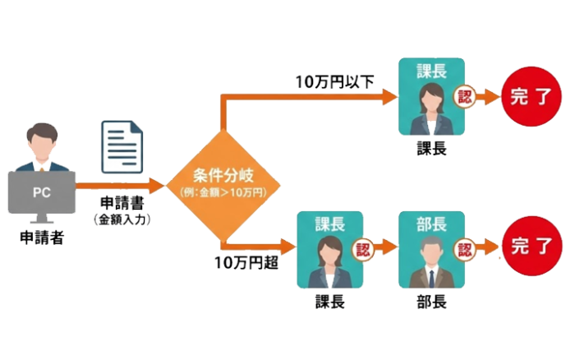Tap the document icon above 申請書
coord(122,145)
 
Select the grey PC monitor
coord(42,192)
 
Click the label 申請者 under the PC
coord(42,239)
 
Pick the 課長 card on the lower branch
coord(328,250)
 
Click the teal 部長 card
coord(430,250)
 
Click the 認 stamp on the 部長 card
coord(465,247)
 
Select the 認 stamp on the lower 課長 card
coord(362,247)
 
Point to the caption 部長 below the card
coord(430,302)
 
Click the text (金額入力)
coord(122,219)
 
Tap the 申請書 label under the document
coord(122,202)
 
